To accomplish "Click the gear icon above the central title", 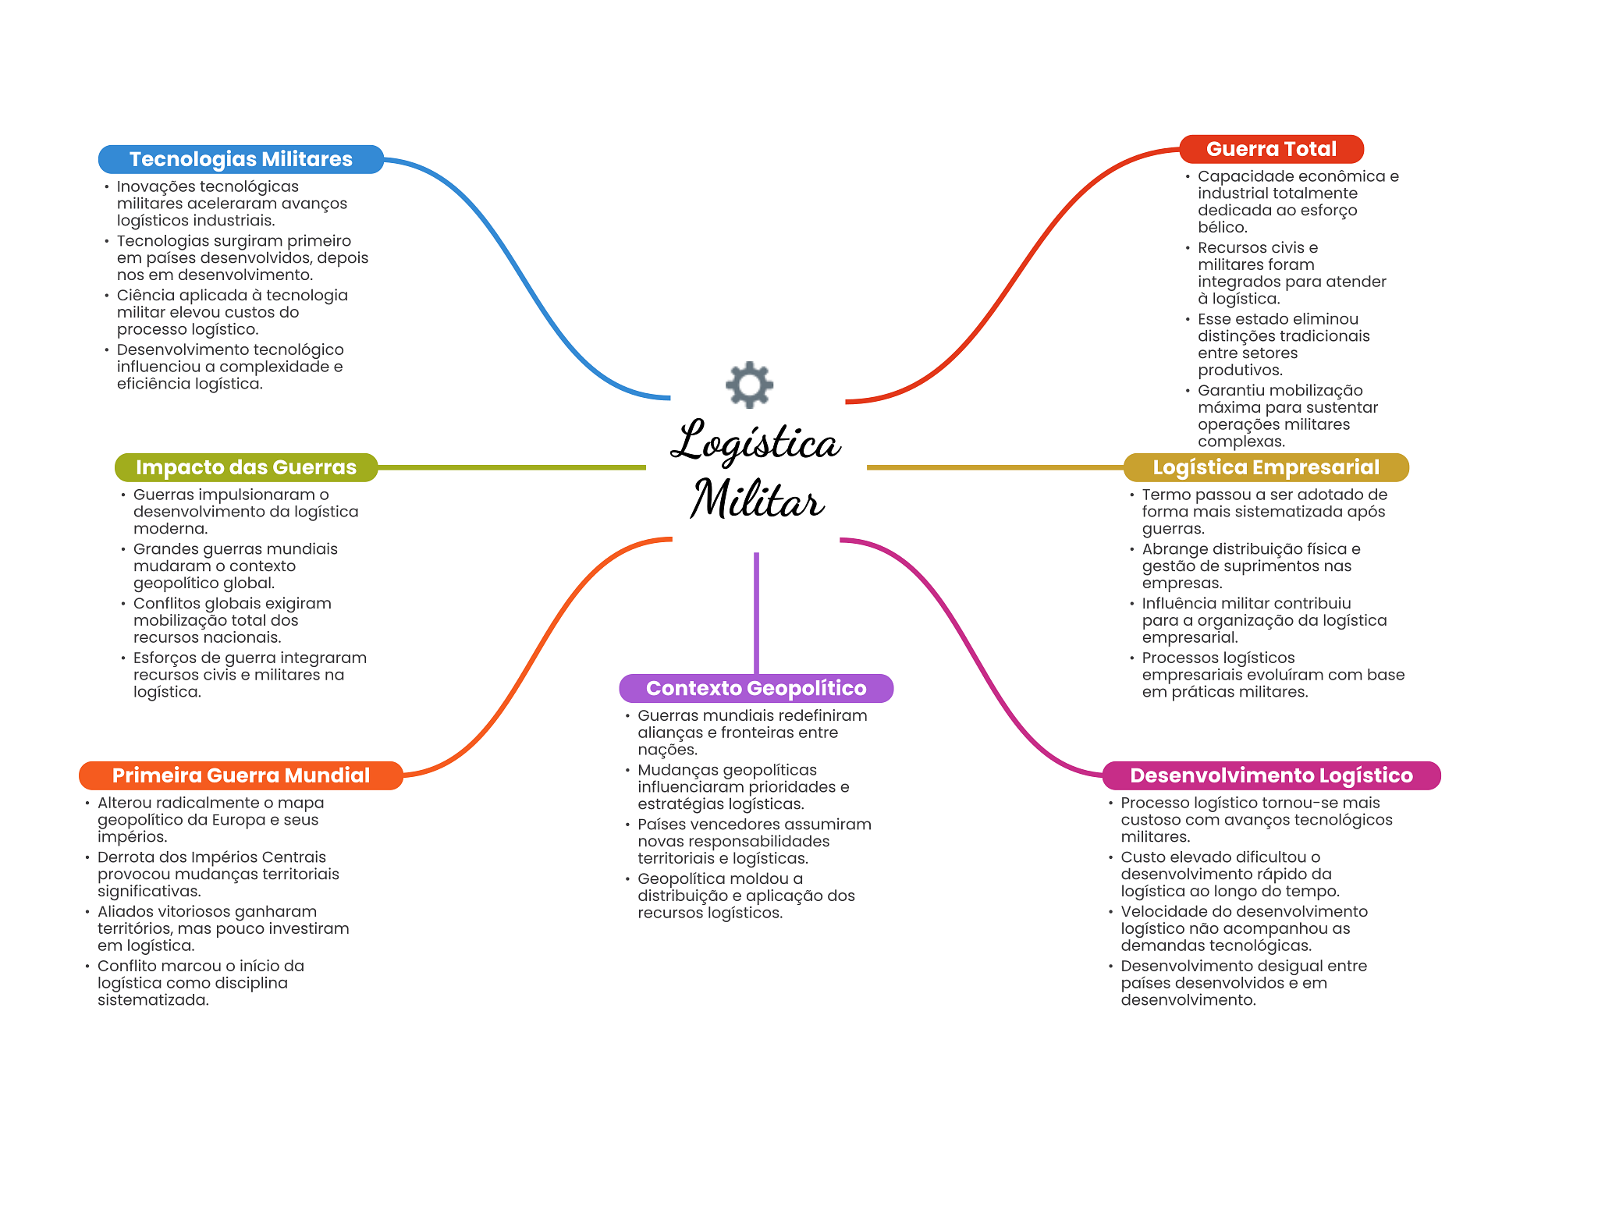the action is click(x=749, y=384).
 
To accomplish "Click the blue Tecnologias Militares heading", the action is click(x=240, y=159).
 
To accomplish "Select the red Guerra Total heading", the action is click(x=1271, y=149).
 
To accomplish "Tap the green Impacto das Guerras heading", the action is click(x=246, y=467).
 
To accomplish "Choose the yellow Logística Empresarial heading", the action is click(x=1266, y=467).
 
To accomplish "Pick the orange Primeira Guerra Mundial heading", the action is click(x=240, y=775).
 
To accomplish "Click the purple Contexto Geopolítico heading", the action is click(x=756, y=688).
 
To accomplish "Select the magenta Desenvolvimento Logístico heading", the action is click(x=1271, y=775).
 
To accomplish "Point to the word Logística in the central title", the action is click(x=755, y=442).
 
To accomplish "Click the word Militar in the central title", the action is click(x=757, y=499).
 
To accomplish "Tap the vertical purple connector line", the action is click(x=756, y=612).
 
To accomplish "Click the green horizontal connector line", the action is click(x=511, y=467).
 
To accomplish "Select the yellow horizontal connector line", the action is click(x=995, y=467).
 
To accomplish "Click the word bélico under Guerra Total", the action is click(x=1223, y=227).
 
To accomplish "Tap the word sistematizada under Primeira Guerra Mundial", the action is click(x=153, y=1000).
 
